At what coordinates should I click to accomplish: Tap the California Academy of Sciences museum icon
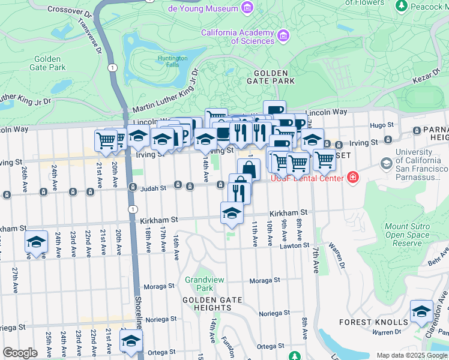(283, 37)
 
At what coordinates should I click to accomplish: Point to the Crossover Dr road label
(70, 10)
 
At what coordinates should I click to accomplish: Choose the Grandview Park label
(200, 284)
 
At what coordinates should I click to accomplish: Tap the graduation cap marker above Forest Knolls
(421, 311)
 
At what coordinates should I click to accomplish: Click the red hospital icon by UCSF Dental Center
(352, 178)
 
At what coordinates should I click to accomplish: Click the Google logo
(20, 353)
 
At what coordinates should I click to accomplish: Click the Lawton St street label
(294, 246)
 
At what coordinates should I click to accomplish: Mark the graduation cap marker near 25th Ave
(36, 242)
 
